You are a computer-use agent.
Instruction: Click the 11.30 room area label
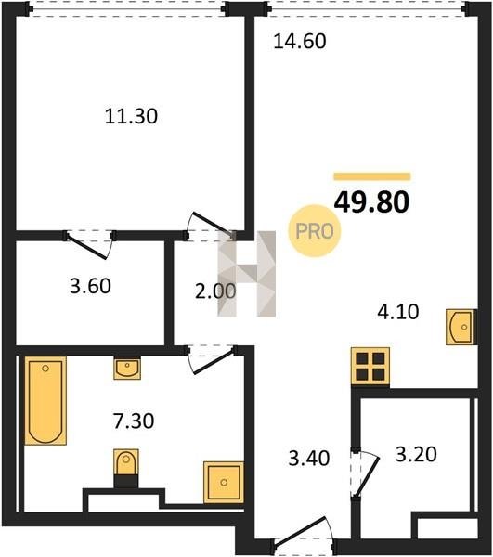[131, 116]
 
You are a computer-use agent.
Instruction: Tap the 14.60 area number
[300, 41]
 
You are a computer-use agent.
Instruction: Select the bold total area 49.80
[372, 201]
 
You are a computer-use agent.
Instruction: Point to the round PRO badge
[315, 231]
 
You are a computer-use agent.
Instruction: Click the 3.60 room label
[90, 286]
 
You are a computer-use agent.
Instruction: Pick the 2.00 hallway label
[215, 291]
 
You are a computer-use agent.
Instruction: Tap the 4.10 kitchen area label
[397, 312]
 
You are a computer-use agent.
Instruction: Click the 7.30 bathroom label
[134, 421]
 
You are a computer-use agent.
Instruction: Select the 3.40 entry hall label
[309, 458]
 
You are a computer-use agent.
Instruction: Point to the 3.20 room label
[416, 454]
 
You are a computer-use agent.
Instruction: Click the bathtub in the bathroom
[45, 401]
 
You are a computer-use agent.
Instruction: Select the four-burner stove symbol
[370, 367]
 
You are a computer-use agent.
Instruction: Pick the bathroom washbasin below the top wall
[127, 368]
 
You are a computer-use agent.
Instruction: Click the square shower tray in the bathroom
[224, 482]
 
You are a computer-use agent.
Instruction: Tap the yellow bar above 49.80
[372, 176]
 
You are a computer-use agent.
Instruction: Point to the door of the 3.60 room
[89, 245]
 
